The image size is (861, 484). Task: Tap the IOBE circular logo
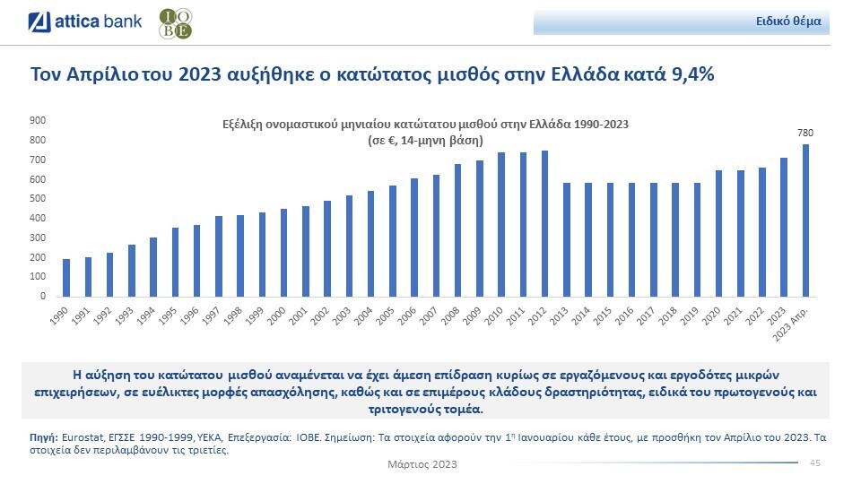174,24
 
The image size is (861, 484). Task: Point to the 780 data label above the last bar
804,133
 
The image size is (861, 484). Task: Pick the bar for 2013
566,240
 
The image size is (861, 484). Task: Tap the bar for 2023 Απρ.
805,220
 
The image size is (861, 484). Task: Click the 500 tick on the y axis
39,199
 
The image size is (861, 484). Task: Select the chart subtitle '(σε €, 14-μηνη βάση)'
426,142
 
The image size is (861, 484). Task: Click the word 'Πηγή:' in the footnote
44,436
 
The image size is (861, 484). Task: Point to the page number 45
815,462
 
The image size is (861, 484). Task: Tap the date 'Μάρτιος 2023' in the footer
422,464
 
